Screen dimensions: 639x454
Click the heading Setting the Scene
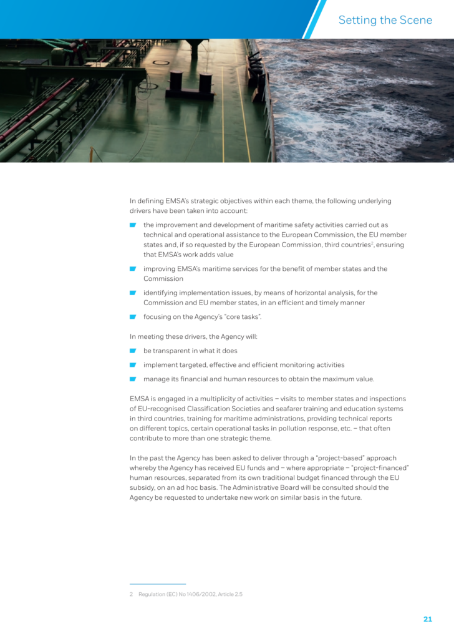(x=385, y=20)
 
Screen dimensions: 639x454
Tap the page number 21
(x=427, y=619)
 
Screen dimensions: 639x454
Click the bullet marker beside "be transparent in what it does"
(x=133, y=351)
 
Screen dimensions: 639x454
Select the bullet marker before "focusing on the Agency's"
(x=133, y=317)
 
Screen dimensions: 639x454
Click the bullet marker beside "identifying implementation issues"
(x=133, y=293)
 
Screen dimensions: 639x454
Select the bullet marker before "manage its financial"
(x=133, y=379)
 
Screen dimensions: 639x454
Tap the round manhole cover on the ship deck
(x=161, y=62)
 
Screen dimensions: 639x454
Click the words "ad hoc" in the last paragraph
(x=180, y=487)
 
